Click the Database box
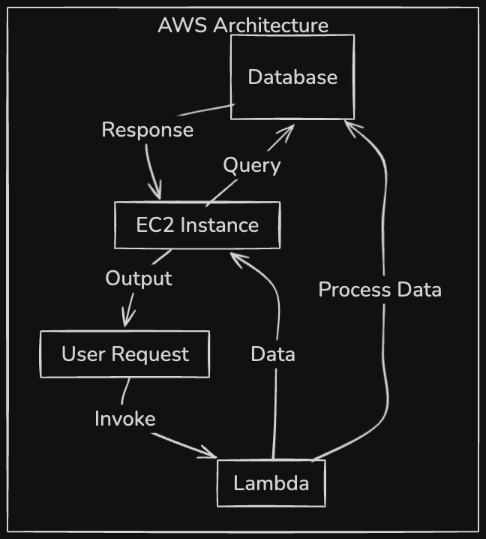[292, 77]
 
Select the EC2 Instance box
[197, 224]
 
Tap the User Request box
[124, 354]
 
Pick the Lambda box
[271, 483]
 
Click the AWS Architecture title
[243, 25]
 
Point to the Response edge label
[147, 129]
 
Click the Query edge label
[251, 165]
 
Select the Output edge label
[139, 278]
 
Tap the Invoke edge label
[124, 418]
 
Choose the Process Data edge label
[379, 289]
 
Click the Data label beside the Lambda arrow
[273, 354]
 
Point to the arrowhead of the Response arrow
[156, 194]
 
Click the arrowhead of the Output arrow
[127, 321]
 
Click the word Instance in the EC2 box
[220, 224]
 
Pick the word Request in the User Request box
[154, 354]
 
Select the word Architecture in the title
[271, 25]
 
